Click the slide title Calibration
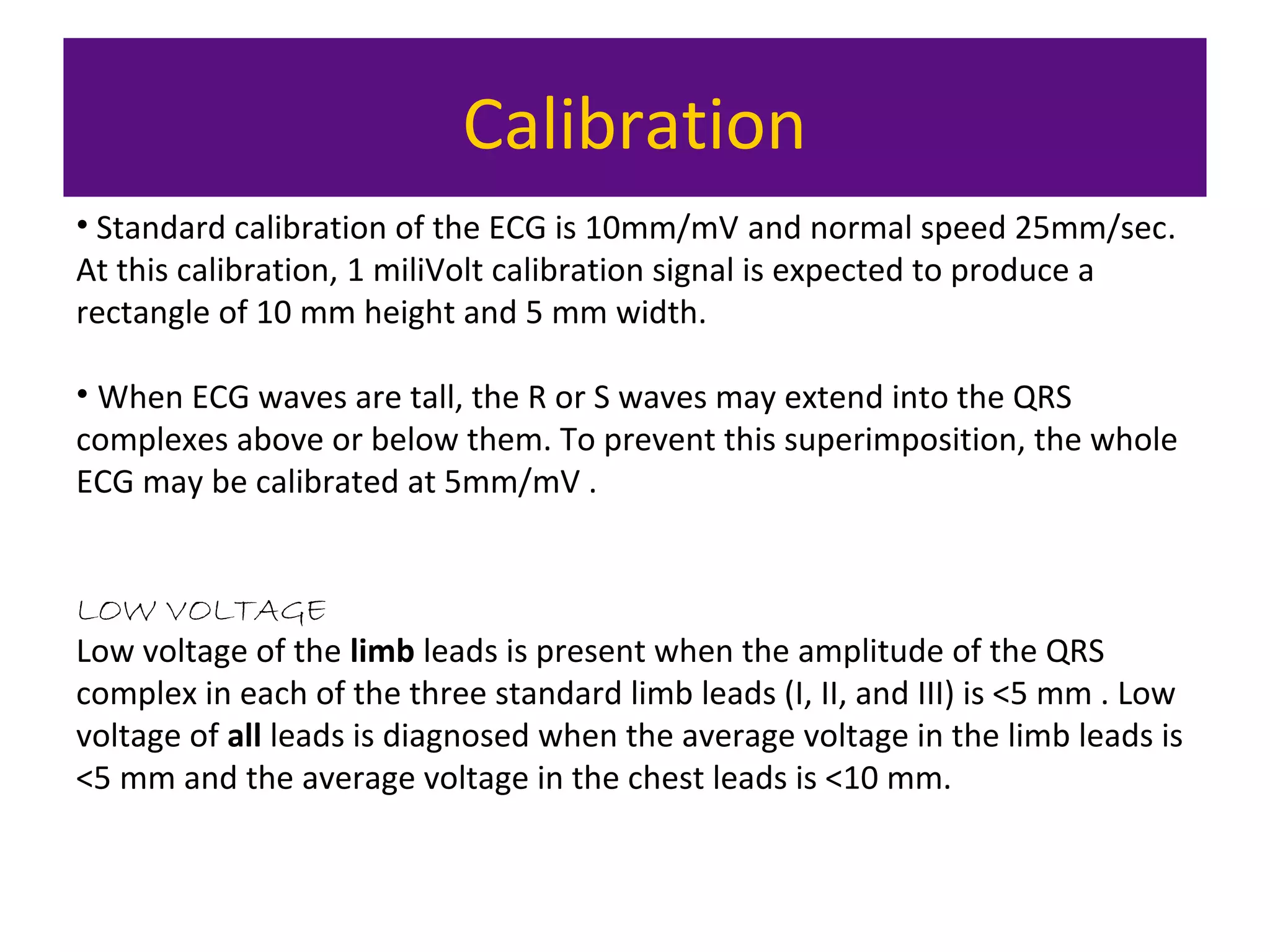[x=634, y=126]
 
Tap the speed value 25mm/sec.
[x=1095, y=229]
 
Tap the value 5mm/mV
[x=512, y=482]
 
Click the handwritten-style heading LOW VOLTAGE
[x=202, y=612]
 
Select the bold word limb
[x=382, y=652]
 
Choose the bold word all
[x=244, y=736]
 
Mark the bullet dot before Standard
[x=82, y=224]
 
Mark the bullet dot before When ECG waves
[x=82, y=394]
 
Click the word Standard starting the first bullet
[x=161, y=229]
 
